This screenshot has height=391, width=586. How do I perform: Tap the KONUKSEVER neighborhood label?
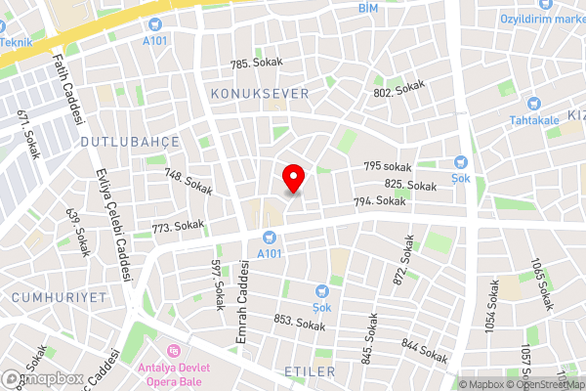[x=259, y=93]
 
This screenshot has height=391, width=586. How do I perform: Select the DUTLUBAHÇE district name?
[x=130, y=142]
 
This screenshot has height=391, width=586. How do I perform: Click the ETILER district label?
[x=309, y=371]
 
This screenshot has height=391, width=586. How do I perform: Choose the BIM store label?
[x=367, y=8]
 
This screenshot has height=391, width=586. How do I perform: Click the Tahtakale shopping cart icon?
[x=533, y=103]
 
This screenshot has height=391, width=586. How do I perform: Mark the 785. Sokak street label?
[x=256, y=63]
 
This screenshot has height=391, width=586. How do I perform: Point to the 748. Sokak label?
[x=188, y=182]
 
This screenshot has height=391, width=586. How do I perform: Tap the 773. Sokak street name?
[x=178, y=226]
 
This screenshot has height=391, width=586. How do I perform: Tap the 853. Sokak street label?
[x=299, y=323]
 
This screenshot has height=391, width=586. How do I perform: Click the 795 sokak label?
[x=388, y=167]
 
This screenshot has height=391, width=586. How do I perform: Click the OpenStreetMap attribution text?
[x=548, y=385]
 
